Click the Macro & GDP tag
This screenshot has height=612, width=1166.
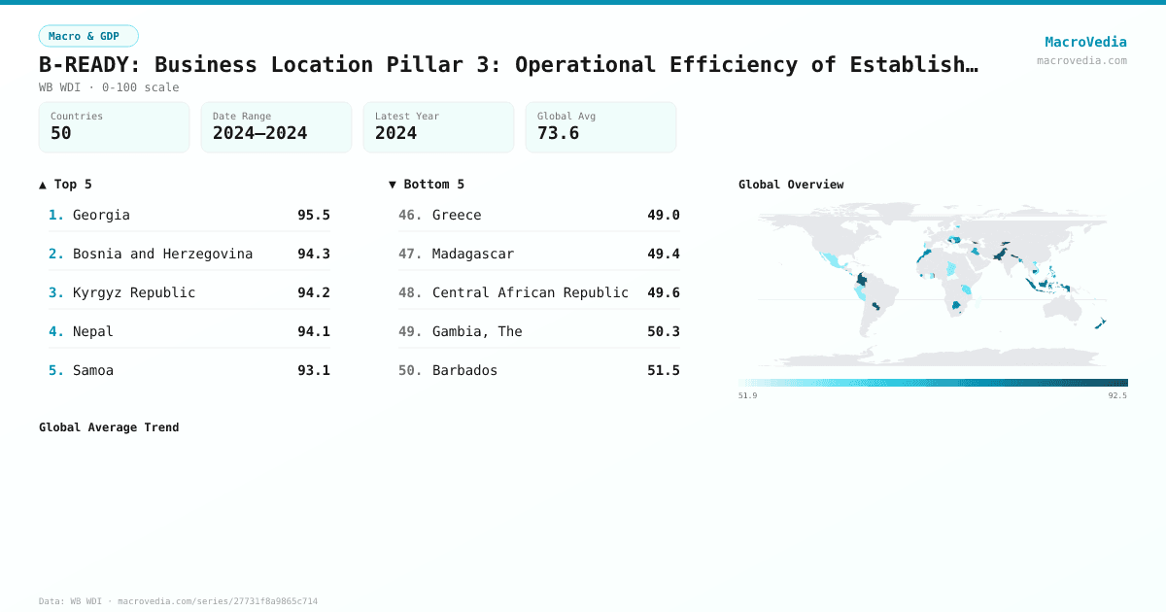coord(88,36)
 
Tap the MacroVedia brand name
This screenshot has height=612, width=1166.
coord(1085,42)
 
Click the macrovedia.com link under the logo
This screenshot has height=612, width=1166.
coord(1081,60)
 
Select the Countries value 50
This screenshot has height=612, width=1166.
coord(61,133)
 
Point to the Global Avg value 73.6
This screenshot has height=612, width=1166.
coord(558,133)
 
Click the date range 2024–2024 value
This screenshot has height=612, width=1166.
coord(259,133)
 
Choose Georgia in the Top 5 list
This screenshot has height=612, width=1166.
coord(101,215)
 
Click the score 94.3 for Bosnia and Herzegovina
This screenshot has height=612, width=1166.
coord(313,254)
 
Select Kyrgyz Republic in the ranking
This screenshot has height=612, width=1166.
coord(134,292)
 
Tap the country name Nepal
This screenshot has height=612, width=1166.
coord(93,331)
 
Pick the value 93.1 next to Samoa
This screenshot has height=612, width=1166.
coord(313,370)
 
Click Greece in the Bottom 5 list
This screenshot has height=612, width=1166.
coord(457,215)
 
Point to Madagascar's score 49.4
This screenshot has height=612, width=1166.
coord(663,254)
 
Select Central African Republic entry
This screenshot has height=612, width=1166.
coord(530,292)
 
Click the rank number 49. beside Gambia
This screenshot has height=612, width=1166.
coord(410,331)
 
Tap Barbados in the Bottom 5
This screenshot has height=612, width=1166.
coord(464,370)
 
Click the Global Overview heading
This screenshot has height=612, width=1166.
coord(791,185)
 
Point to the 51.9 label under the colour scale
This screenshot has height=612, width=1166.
coord(747,395)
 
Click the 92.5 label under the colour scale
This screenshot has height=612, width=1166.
coord(1117,395)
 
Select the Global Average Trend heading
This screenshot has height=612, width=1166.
coord(109,427)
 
